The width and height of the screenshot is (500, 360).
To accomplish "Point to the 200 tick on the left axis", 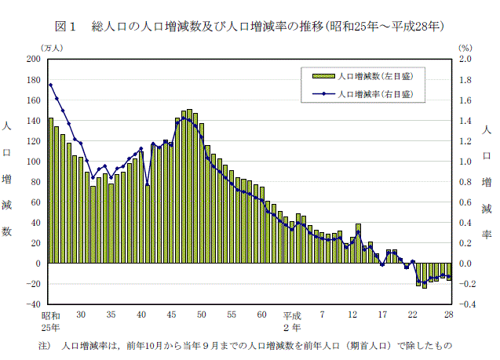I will [x=33, y=60].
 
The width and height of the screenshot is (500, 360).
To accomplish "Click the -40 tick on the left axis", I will [x=33, y=304].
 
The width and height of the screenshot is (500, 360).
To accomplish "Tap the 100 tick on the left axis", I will [x=33, y=162].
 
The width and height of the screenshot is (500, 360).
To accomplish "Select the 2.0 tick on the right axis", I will [x=465, y=60].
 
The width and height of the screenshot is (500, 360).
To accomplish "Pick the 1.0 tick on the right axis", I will [x=465, y=162].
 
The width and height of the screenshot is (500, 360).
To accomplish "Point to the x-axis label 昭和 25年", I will [x=51, y=320].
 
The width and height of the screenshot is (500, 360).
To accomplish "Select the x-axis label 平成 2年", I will [x=292, y=320].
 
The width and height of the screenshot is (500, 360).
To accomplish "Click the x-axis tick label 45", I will [x=171, y=315].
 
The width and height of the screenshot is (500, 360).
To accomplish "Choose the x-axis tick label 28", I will [x=448, y=315].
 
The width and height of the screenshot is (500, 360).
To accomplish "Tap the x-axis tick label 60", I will [x=261, y=315].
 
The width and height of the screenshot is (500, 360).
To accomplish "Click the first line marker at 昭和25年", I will [x=50, y=85].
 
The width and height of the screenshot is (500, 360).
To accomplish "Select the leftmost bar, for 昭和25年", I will [x=50, y=191].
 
